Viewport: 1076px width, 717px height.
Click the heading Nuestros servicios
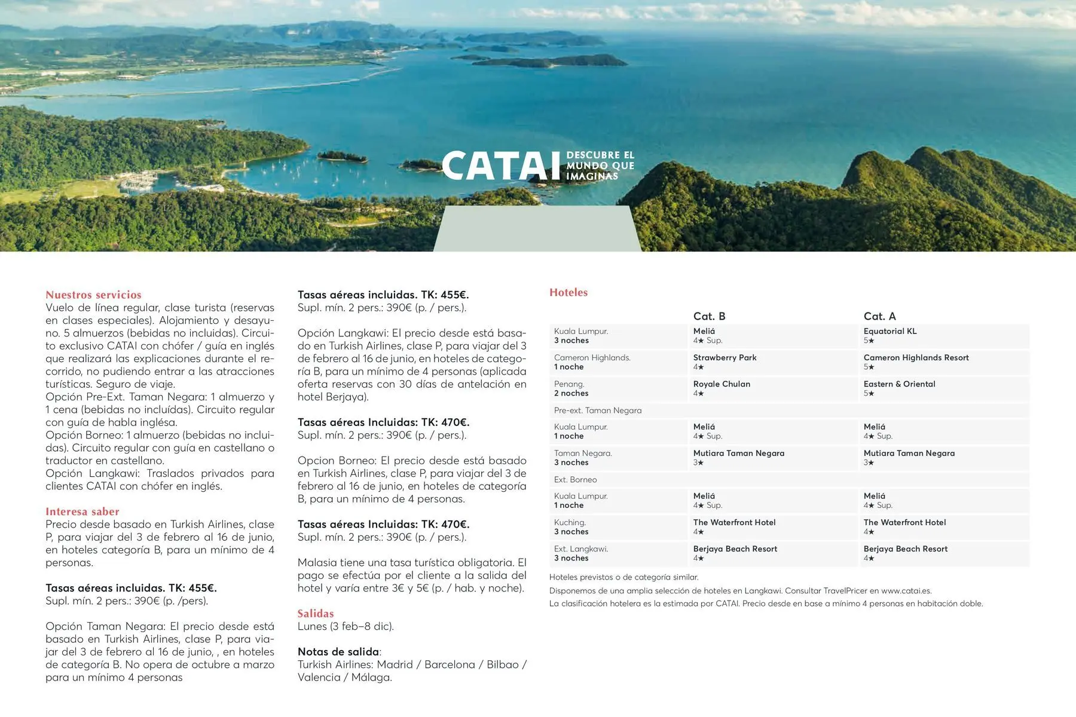coord(93,295)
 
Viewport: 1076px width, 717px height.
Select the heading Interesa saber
coord(82,511)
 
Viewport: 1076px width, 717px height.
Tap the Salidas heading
coord(316,614)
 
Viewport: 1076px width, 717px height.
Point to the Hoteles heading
coord(568,292)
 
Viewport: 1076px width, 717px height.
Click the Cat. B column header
coord(709,316)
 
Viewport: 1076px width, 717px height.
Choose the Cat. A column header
coord(879,316)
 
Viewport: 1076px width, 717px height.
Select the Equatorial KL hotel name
coord(889,331)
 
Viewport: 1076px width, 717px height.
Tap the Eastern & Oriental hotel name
coord(899,384)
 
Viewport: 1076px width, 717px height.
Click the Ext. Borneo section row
coord(575,479)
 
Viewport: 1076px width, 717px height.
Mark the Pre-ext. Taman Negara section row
coord(598,410)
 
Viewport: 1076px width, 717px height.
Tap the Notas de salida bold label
coord(338,652)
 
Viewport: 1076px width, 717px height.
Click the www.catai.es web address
coord(906,590)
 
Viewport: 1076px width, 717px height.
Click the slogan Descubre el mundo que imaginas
coord(600,166)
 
